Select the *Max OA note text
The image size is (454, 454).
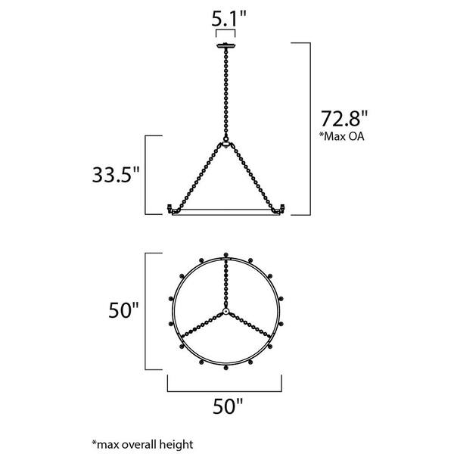pos(342,137)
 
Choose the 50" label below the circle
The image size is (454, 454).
pos(225,407)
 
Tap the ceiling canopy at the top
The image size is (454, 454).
pos(226,45)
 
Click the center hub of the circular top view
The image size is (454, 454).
pos(226,312)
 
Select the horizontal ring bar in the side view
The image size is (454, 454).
pos(226,214)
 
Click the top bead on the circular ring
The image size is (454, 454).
pos(226,254)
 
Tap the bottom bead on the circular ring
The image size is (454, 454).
pos(226,368)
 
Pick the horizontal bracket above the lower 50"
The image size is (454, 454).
pos(225,387)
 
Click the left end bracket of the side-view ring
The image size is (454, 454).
pos(170,207)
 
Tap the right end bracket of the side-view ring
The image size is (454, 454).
pos(282,207)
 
